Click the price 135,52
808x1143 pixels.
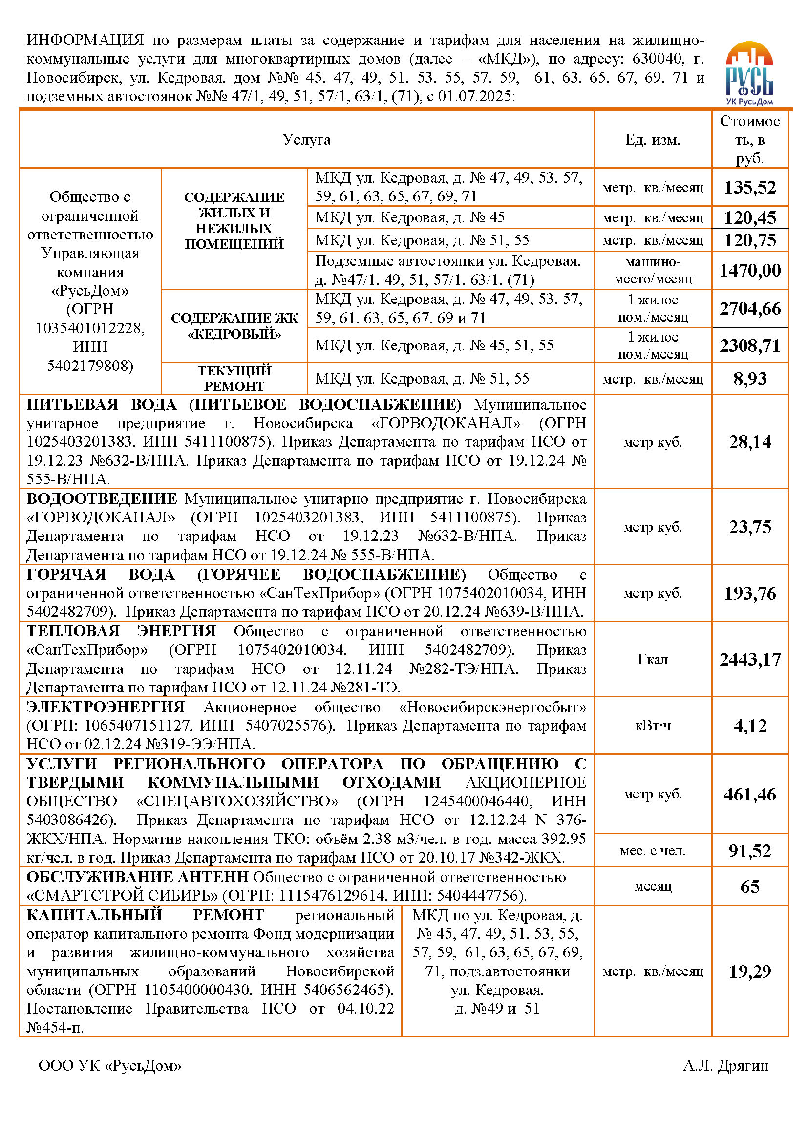[x=750, y=188]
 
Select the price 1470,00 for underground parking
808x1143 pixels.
[x=750, y=271]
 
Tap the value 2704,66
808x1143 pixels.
[x=750, y=309]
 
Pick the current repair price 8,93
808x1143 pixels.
[x=750, y=379]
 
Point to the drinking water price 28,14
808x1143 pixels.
[x=750, y=442]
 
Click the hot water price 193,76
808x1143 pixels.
[x=750, y=593]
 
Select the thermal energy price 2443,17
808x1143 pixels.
[x=750, y=660]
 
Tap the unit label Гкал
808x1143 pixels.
[x=652, y=660]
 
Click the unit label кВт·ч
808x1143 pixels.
[x=652, y=726]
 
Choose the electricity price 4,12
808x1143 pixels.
[x=750, y=726]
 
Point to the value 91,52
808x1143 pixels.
[x=750, y=851]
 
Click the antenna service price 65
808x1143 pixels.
[x=750, y=886]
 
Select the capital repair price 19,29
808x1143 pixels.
[x=750, y=971]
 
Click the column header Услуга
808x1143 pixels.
[x=306, y=140]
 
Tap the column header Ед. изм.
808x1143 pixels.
[x=652, y=140]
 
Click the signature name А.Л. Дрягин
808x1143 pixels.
[x=725, y=1065]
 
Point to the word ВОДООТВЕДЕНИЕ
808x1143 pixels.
[x=102, y=499]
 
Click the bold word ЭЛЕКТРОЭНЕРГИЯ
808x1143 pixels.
[x=106, y=707]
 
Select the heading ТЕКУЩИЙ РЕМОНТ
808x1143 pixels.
[x=234, y=378]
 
